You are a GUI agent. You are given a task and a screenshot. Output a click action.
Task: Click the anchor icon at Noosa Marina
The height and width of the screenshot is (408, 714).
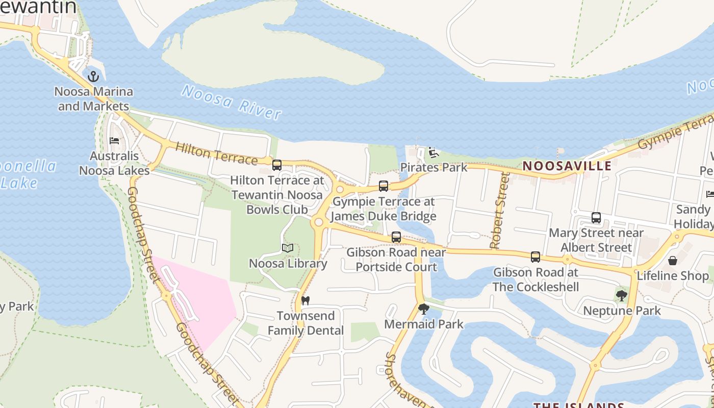pyautogui.click(x=93, y=77)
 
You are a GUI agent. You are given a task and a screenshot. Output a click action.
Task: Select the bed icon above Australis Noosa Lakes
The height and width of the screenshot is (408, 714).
pyautogui.click(x=114, y=141)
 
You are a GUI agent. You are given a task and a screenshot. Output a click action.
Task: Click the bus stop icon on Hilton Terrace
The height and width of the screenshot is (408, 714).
pyautogui.click(x=277, y=165)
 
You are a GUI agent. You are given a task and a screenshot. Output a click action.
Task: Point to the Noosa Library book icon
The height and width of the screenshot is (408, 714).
pyautogui.click(x=288, y=248)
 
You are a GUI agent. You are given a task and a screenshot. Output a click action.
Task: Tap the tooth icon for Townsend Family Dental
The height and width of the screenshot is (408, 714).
pyautogui.click(x=305, y=301)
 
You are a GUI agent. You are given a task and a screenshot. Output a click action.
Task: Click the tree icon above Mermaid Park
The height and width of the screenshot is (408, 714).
pyautogui.click(x=423, y=309)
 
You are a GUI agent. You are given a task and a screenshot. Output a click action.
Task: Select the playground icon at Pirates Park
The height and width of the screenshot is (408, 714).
pyautogui.click(x=433, y=152)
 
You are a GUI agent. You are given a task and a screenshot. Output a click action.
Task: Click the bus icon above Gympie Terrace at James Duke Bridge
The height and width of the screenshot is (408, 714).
pyautogui.click(x=384, y=186)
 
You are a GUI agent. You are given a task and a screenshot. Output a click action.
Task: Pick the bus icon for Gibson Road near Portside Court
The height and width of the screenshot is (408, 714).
pyautogui.click(x=396, y=237)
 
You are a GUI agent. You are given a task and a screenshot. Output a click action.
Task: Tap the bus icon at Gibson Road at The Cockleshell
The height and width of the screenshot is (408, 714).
pyautogui.click(x=535, y=257)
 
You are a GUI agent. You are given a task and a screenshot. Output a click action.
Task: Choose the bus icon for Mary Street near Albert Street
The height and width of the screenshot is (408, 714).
pyautogui.click(x=596, y=218)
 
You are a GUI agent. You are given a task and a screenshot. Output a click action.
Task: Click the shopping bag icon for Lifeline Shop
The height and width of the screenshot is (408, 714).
pyautogui.click(x=673, y=261)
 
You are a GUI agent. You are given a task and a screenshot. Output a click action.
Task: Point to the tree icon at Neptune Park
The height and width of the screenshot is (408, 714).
pyautogui.click(x=621, y=295)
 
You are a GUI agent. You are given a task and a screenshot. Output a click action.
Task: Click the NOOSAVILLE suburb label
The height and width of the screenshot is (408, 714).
pyautogui.click(x=567, y=166)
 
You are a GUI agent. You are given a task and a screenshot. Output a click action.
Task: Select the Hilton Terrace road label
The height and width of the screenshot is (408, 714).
pyautogui.click(x=216, y=154)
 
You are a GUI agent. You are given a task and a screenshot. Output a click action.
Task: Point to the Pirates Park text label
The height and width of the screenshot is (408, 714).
pyautogui.click(x=433, y=167)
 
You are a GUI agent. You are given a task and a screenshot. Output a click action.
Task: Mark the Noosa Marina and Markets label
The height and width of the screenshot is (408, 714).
pyautogui.click(x=93, y=99)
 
